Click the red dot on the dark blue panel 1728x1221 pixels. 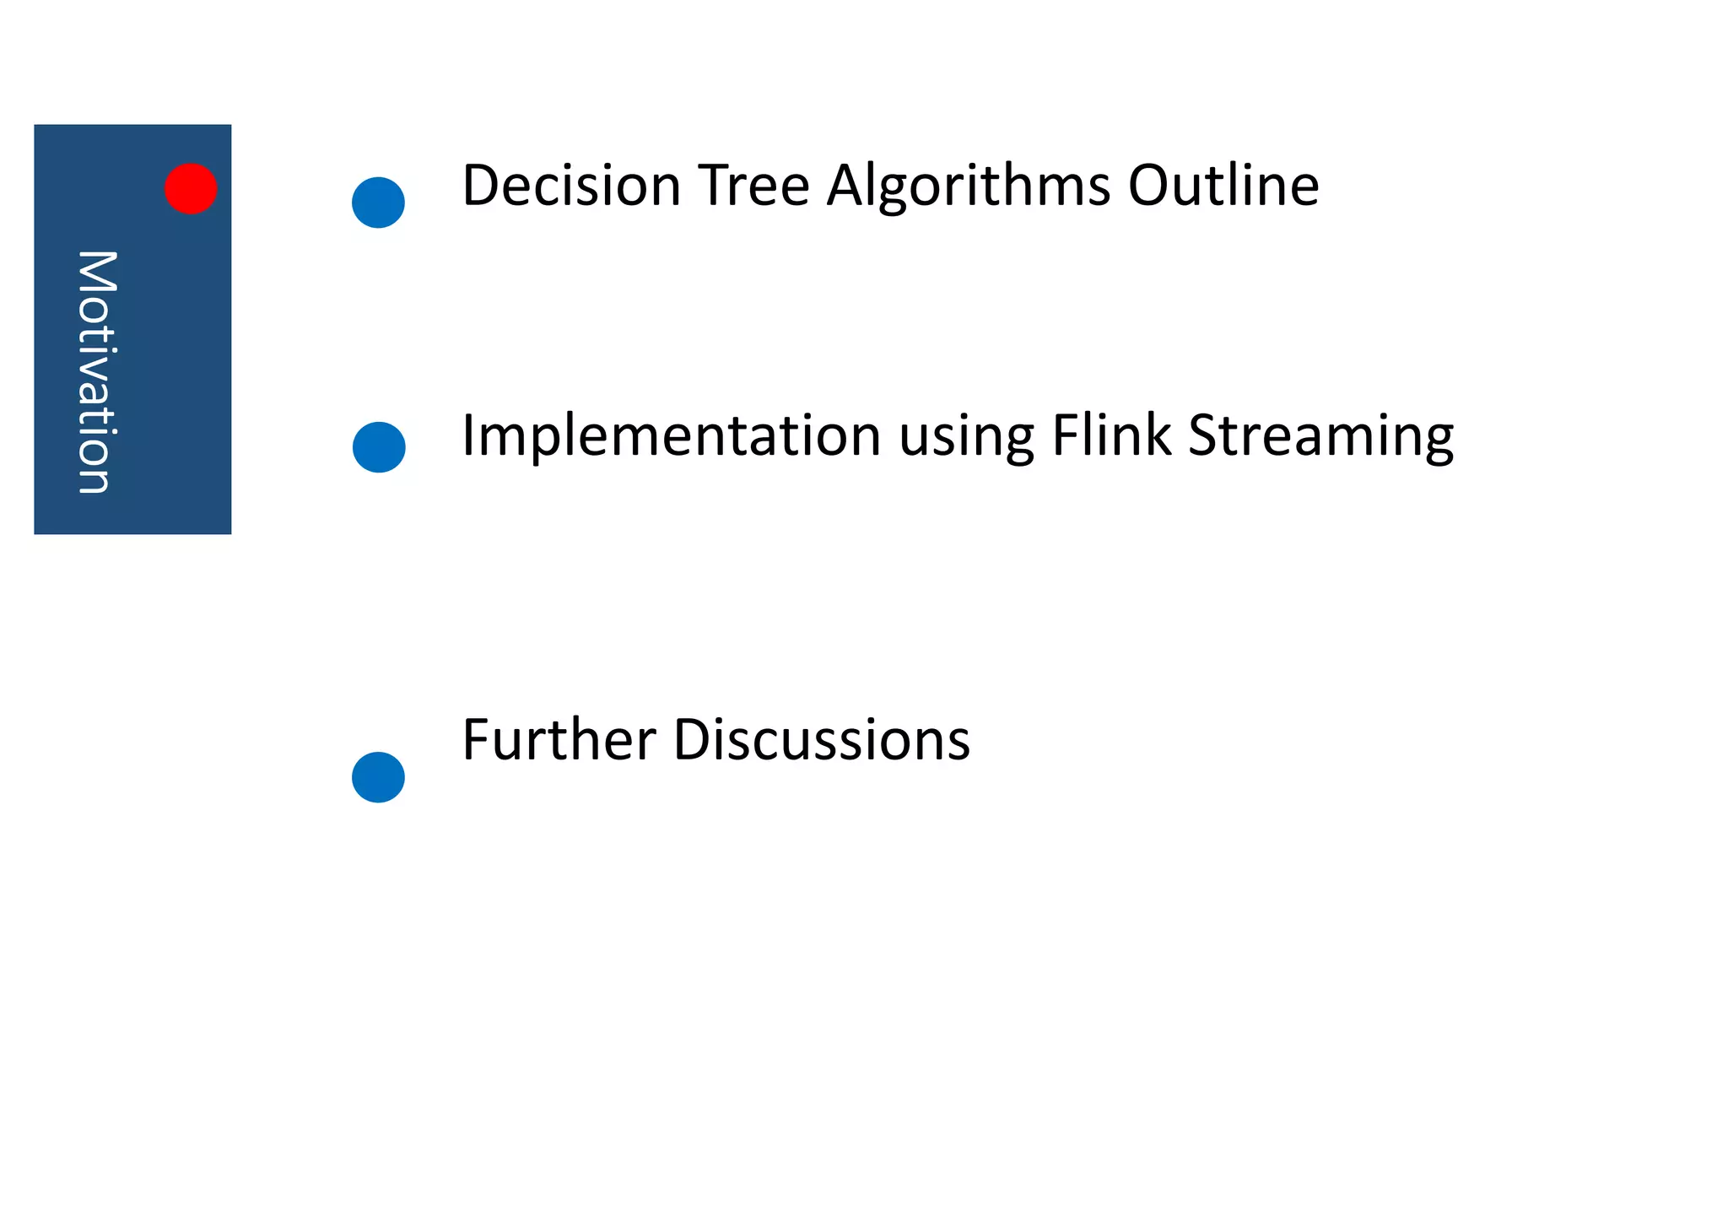coord(191,188)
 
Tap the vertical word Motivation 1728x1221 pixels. coord(96,371)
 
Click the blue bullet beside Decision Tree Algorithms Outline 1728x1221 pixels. coord(378,203)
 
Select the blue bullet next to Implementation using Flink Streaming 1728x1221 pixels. coord(379,447)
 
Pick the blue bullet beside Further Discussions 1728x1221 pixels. coord(378,777)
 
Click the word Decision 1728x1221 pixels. coord(571,186)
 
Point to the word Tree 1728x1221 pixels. coord(753,186)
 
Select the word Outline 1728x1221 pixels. coord(1223,186)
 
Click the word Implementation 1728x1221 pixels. coord(672,436)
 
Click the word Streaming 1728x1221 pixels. coord(1321,437)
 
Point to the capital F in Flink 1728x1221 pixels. coord(1065,435)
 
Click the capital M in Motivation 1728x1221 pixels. coord(96,271)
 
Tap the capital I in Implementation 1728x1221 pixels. coord(468,435)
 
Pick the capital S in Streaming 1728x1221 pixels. coord(1204,435)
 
